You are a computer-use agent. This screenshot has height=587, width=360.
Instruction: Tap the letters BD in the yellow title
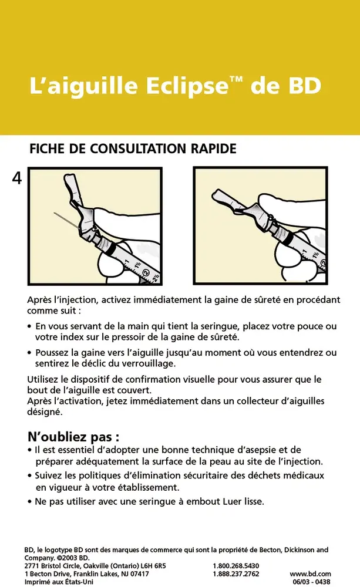[302, 86]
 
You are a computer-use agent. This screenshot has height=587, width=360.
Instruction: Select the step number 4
[16, 178]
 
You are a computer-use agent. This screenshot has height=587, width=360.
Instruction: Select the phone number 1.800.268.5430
[235, 566]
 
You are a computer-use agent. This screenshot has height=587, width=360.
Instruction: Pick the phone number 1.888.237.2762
[235, 574]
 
